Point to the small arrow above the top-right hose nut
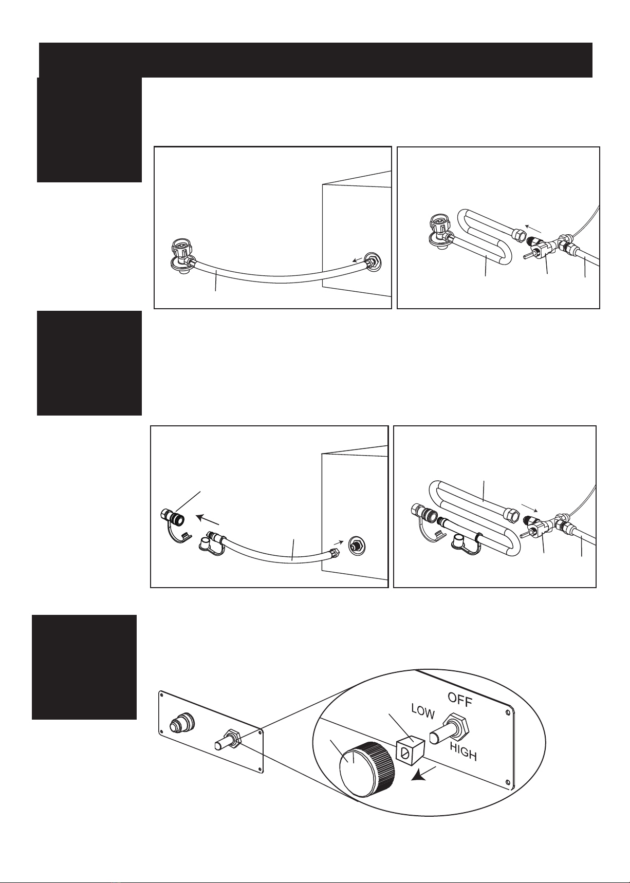click(x=533, y=228)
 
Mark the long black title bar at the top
click(x=316, y=60)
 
